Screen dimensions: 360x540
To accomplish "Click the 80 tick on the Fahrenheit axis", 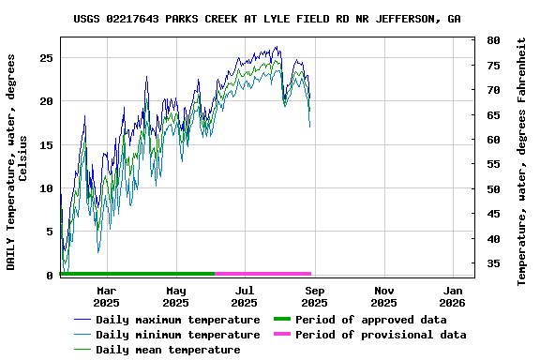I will coord(493,40).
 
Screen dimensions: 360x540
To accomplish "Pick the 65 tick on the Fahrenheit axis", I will coord(493,114).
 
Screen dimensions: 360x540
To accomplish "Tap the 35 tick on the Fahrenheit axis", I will coord(493,263).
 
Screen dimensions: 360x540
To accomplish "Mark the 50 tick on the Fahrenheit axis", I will coord(493,188).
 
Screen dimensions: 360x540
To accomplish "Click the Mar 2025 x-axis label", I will coord(106,296).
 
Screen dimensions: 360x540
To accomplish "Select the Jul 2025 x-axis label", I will coord(245,296).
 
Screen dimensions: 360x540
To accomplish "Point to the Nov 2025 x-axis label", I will coord(383,296).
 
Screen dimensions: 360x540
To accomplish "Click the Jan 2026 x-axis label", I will coord(453,296).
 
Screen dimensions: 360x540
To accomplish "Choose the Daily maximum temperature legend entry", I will coord(177,320).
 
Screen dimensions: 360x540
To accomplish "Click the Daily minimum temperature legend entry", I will coord(177,335).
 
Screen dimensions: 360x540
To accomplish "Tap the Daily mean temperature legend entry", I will coord(170,350).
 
